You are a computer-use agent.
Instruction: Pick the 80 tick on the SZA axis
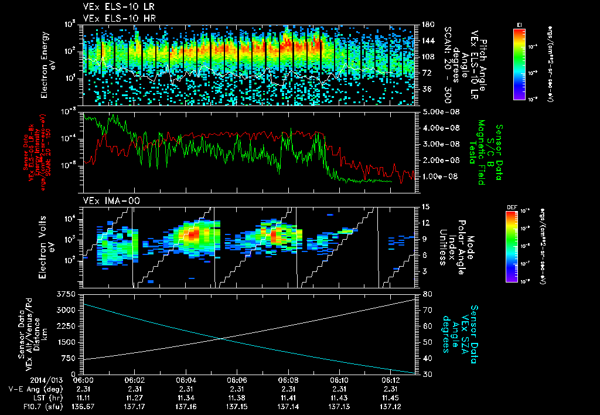point(424,294)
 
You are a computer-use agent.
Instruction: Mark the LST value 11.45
point(389,397)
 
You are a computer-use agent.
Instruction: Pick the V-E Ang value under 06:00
point(84,389)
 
